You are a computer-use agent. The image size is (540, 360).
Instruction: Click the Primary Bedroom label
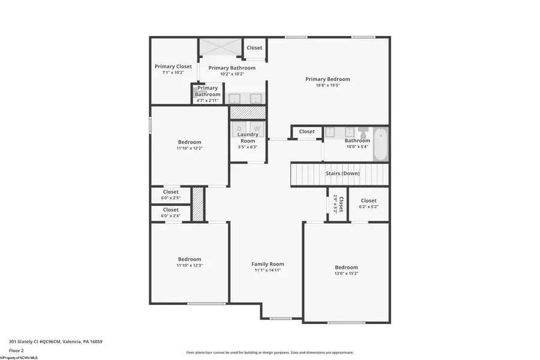pyautogui.click(x=328, y=79)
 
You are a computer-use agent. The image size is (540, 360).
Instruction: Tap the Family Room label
pyautogui.click(x=268, y=264)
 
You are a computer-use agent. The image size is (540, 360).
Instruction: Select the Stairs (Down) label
pyautogui.click(x=342, y=173)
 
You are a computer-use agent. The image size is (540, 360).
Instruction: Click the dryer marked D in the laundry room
pyautogui.click(x=239, y=128)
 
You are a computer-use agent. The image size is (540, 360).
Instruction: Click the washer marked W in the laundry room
pyautogui.click(x=257, y=128)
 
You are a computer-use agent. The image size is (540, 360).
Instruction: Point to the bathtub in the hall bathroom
pyautogui.click(x=380, y=144)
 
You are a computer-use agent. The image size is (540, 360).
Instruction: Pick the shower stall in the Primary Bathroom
pyautogui.click(x=220, y=47)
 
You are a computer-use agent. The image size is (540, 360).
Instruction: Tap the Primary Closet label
pyautogui.click(x=173, y=67)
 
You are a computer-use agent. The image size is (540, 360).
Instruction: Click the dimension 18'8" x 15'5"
pyautogui.click(x=328, y=85)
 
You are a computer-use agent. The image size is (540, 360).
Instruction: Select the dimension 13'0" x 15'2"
pyautogui.click(x=346, y=274)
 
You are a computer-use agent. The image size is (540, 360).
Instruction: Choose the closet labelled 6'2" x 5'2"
pyautogui.click(x=368, y=204)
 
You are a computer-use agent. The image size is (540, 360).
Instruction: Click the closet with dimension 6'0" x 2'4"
pyautogui.click(x=170, y=213)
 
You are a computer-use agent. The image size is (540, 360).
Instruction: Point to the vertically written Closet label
pyautogui.click(x=341, y=204)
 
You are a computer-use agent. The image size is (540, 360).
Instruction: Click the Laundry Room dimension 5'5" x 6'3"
pyautogui.click(x=248, y=147)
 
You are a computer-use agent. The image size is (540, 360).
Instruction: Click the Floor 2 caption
pyautogui.click(x=16, y=350)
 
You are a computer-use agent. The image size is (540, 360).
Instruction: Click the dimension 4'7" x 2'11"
pyautogui.click(x=208, y=100)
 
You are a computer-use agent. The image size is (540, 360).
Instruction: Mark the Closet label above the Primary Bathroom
pyautogui.click(x=254, y=48)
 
